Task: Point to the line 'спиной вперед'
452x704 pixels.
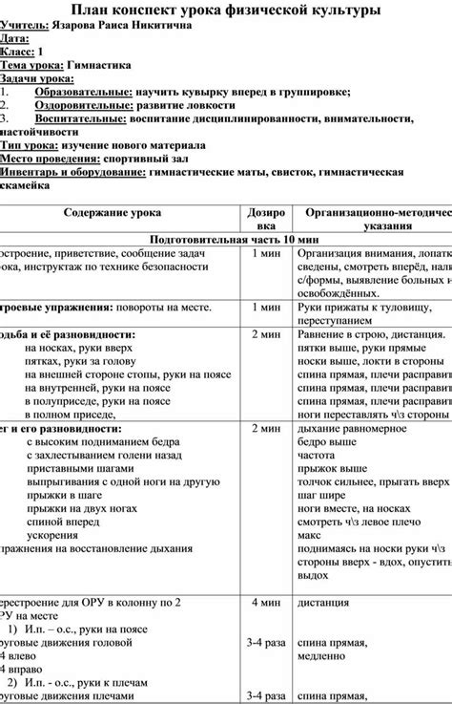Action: click(61, 523)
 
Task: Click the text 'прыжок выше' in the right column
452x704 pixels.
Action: click(328, 470)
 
